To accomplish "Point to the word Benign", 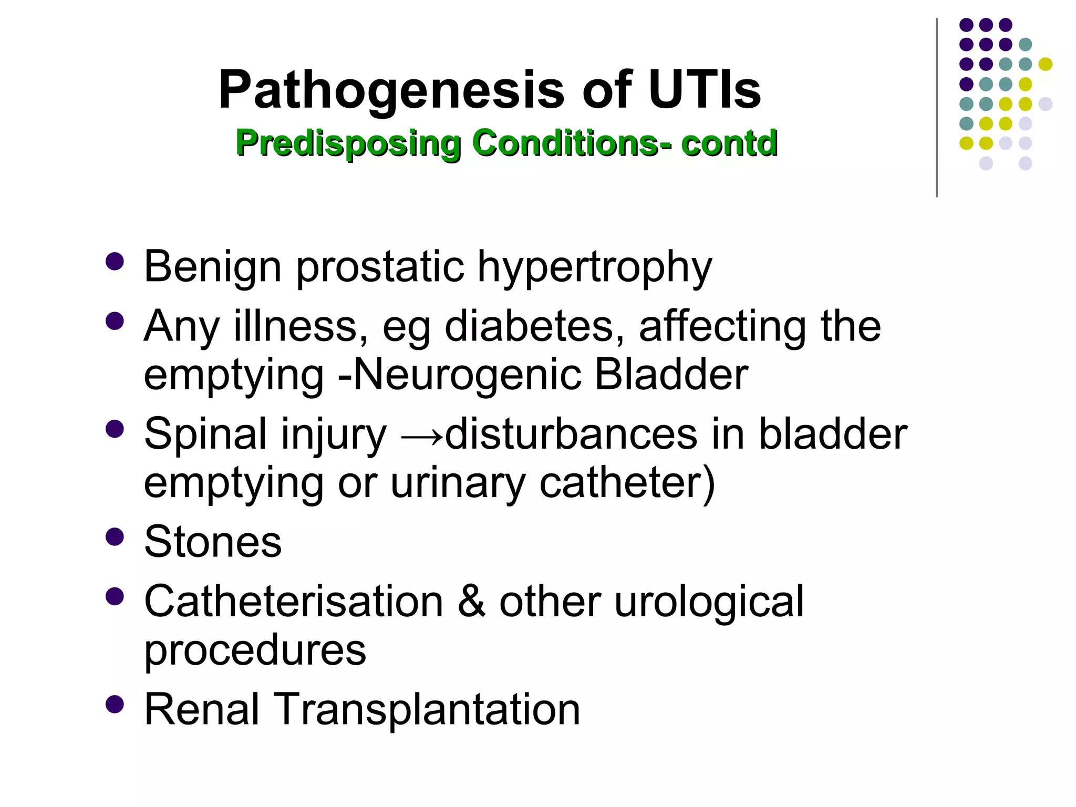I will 213,266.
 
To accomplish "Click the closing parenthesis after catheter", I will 709,483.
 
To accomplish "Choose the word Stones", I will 213,542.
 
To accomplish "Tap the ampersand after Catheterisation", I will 471,601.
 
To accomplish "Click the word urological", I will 709,602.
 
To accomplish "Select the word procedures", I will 255,650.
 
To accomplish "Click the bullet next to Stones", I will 115,537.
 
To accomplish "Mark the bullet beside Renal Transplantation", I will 115,704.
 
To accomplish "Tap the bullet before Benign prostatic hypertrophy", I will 115,261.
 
